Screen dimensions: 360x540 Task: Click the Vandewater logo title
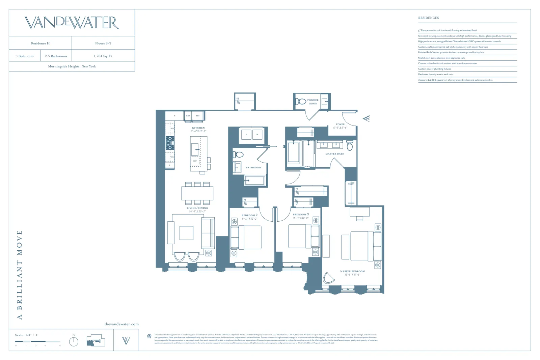(x=72, y=23)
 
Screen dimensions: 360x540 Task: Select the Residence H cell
(x=40, y=43)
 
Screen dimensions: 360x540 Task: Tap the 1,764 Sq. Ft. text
(x=103, y=56)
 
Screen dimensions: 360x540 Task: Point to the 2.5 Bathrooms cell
(x=56, y=56)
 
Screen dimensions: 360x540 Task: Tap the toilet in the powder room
(x=300, y=101)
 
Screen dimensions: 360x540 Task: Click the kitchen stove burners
(x=170, y=143)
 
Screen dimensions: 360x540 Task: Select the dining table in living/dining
(x=197, y=193)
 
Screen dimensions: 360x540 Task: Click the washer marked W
(x=257, y=135)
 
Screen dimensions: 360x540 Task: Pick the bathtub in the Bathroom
(x=255, y=181)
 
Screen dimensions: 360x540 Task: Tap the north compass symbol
(x=74, y=341)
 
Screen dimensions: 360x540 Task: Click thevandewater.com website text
(x=122, y=324)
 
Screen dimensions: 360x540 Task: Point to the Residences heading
(x=428, y=18)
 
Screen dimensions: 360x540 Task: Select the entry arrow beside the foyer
(x=366, y=118)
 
